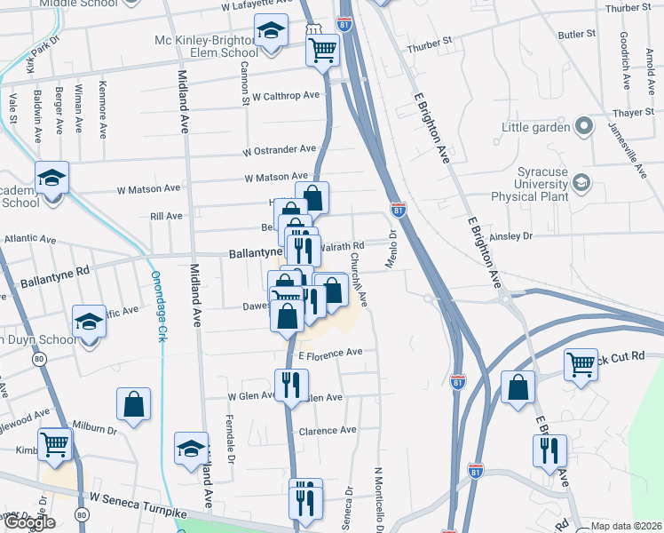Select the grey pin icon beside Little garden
click(x=584, y=126)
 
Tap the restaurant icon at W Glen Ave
click(x=290, y=385)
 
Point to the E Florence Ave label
click(x=330, y=353)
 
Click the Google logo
click(x=29, y=522)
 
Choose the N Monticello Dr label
click(x=379, y=497)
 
